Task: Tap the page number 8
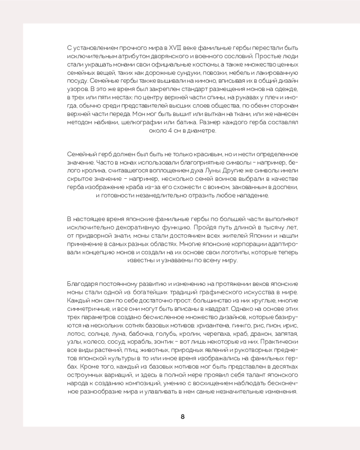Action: point(183,416)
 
